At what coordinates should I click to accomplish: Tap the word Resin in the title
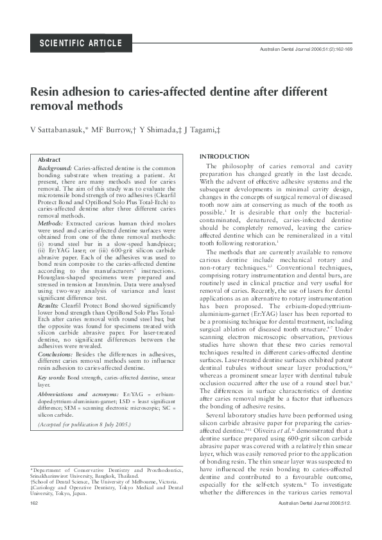(x=47, y=92)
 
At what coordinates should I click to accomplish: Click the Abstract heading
(x=49, y=159)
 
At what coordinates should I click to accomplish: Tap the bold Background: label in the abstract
(x=55, y=167)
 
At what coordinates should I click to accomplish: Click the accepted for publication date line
(x=84, y=424)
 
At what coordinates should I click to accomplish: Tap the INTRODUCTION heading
(x=225, y=157)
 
